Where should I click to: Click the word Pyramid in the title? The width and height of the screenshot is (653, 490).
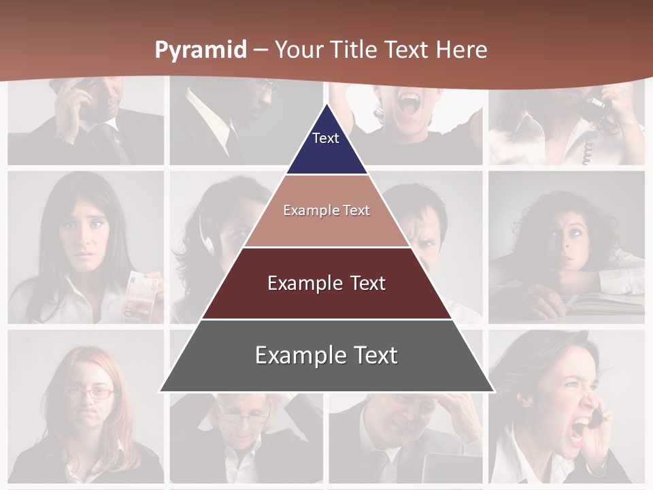click(x=201, y=50)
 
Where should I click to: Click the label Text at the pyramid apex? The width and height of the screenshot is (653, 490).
click(x=326, y=138)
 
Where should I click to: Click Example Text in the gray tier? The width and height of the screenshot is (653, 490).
click(x=326, y=355)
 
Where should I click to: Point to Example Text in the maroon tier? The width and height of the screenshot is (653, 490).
click(x=326, y=283)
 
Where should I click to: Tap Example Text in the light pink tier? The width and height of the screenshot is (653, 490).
click(x=326, y=210)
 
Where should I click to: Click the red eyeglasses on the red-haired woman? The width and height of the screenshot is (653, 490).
click(x=89, y=392)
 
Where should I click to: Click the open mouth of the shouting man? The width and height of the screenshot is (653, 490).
click(x=409, y=103)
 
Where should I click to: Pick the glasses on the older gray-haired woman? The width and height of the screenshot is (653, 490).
click(x=244, y=417)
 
